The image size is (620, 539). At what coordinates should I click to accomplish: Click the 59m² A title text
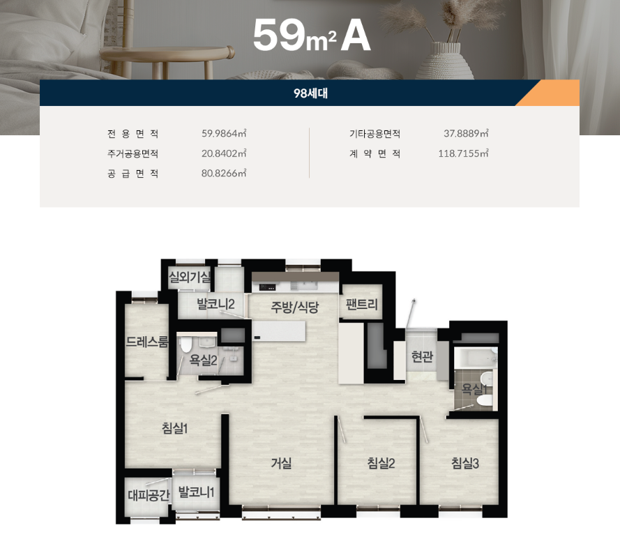311,36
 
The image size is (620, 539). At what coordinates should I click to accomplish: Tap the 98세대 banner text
310,93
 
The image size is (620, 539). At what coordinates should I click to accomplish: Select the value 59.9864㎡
224,133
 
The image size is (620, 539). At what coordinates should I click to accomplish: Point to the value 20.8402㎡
224,153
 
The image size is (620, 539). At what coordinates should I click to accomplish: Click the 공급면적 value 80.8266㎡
224,174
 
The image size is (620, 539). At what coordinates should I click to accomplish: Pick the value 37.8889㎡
466,133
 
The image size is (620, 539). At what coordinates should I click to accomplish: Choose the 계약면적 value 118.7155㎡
463,153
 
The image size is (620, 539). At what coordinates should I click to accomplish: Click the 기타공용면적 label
375,133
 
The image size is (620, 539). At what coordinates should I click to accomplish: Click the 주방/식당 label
295,307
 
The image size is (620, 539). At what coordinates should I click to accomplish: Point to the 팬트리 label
361,305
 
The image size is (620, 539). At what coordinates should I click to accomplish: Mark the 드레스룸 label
147,342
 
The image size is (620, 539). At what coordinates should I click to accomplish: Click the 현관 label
422,358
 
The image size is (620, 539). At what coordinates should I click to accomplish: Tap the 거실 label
281,462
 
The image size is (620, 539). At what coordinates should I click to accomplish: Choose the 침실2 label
381,462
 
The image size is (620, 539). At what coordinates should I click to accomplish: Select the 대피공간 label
149,496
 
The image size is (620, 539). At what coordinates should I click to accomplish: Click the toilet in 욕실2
186,344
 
